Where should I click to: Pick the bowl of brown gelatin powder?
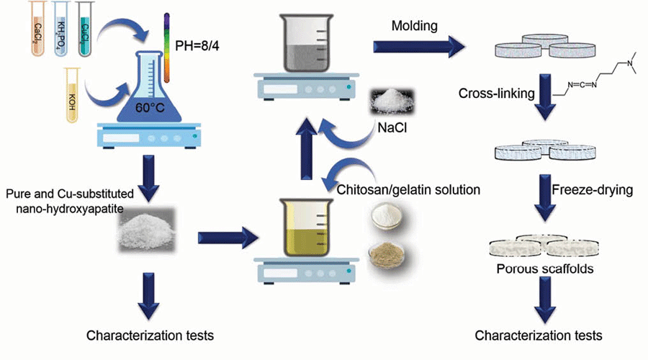point(387,254)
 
